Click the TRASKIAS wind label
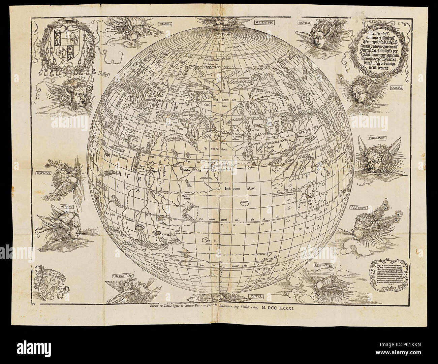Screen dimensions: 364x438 point(166,25)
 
